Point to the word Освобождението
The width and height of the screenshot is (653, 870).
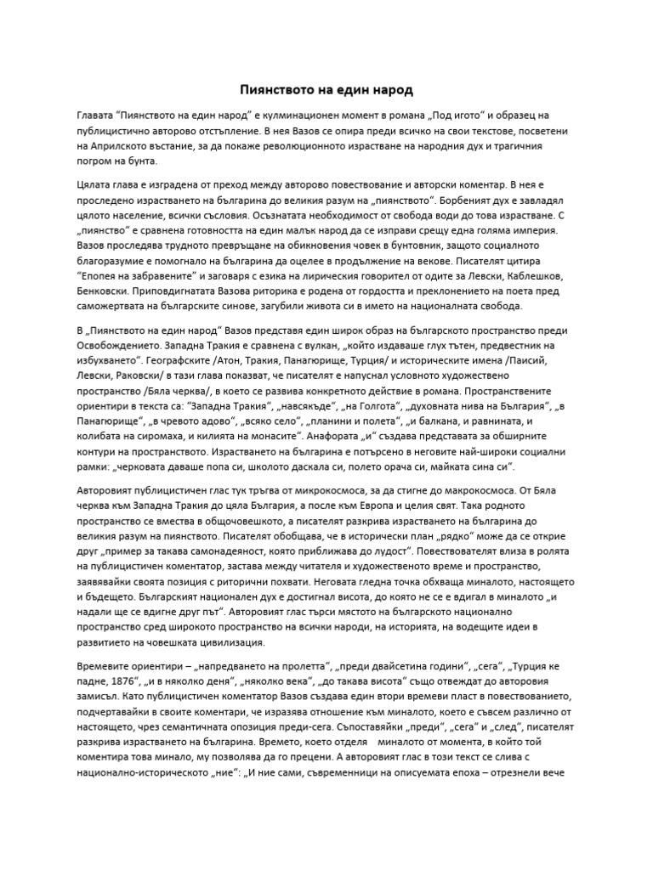121,345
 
